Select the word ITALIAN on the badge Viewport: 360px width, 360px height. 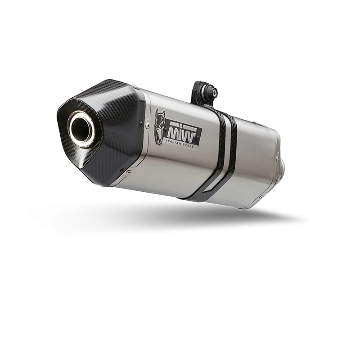174,140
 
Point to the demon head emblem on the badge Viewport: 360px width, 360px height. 160,127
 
